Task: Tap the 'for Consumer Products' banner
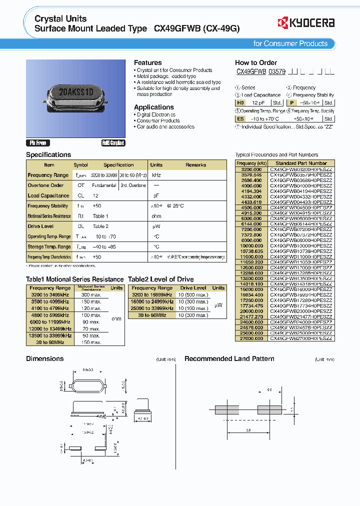point(290,43)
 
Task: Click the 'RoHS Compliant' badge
point(113,142)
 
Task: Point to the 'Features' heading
point(147,62)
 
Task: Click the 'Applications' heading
point(153,107)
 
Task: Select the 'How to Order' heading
point(255,62)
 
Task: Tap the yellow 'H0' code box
point(240,102)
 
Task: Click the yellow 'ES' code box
point(240,119)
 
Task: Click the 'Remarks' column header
point(195,164)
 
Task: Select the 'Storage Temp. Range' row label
point(49,246)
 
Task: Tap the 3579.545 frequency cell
point(251,174)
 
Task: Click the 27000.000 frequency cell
point(251,338)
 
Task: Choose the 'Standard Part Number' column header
point(301,163)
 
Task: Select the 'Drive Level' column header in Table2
point(193,288)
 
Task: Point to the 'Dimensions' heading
point(44,358)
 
